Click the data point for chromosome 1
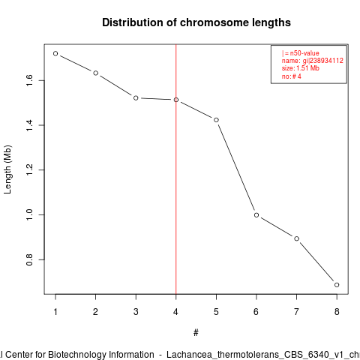55,53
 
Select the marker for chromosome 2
95,73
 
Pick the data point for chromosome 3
136,98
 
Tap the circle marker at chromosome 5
216,120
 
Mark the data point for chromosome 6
256,215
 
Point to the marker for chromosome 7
296,238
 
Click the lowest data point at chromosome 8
337,285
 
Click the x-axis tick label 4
175,312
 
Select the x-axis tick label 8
337,312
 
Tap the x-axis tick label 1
55,312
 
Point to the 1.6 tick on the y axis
29,80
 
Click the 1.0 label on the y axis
29,214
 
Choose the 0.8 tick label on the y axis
29,259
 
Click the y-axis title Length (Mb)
7,169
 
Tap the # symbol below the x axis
196,333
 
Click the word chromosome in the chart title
214,22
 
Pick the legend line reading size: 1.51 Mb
301,68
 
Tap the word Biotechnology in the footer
100,355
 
